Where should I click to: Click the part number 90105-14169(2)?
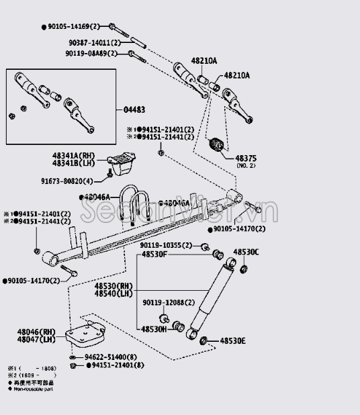click(73, 26)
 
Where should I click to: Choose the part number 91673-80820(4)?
click(69, 180)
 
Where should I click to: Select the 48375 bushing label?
click(246, 158)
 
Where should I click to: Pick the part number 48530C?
click(246, 252)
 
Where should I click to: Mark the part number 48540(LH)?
click(114, 293)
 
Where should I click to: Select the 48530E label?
click(233, 341)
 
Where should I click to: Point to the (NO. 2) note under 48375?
click(246, 166)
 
